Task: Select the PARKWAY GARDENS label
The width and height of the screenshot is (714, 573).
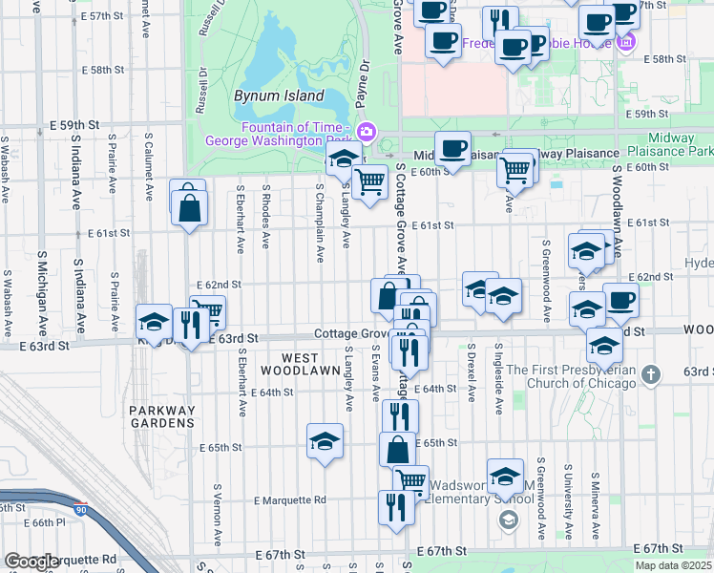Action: click(161, 417)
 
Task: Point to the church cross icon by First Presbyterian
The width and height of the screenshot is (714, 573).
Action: click(651, 373)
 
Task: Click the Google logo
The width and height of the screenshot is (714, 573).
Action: click(31, 562)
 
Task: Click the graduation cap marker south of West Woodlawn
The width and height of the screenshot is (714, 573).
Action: click(325, 442)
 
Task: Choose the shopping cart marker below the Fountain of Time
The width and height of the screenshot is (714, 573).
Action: click(368, 180)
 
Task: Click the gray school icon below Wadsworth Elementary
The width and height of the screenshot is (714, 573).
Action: click(509, 520)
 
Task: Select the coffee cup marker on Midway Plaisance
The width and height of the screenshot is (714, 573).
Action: click(452, 148)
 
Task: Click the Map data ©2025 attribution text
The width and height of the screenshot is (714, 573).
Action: click(673, 565)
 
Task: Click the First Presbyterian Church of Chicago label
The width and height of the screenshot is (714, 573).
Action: click(571, 376)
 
